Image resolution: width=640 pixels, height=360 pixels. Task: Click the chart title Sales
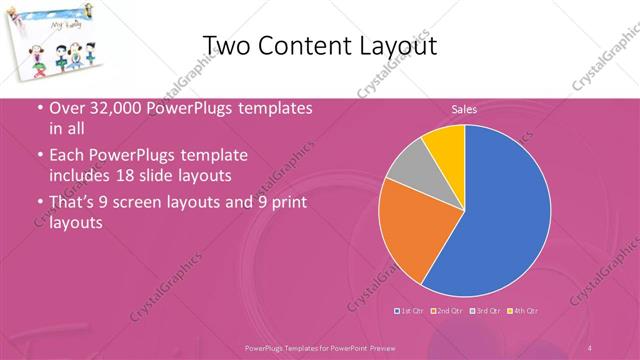click(463, 109)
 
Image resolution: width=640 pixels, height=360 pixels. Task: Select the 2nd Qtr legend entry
click(447, 312)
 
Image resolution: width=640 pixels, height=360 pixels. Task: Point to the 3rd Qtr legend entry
click(485, 312)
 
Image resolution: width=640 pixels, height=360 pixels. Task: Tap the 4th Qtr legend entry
click(523, 312)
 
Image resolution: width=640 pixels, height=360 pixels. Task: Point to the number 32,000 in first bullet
click(109, 108)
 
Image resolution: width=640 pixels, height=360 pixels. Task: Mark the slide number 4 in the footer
click(590, 347)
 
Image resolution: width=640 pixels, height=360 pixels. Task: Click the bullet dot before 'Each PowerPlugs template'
click(39, 157)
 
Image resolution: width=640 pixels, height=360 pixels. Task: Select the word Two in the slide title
click(225, 46)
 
